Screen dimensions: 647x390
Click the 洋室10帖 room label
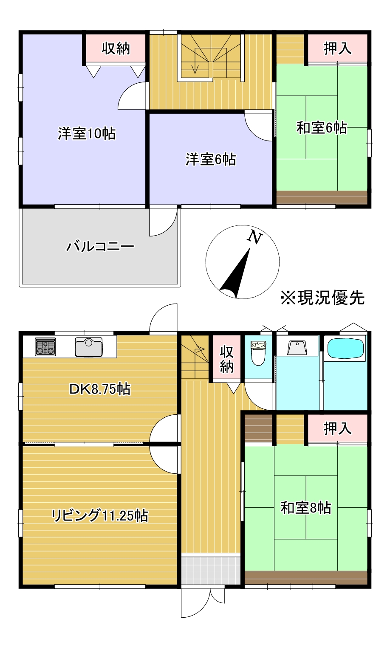pyautogui.click(x=87, y=134)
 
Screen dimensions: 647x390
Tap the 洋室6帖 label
pyautogui.click(x=211, y=160)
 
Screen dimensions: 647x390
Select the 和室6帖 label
pyautogui.click(x=321, y=127)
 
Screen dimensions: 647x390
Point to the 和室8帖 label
pyautogui.click(x=306, y=508)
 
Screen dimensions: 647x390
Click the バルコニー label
pyautogui.click(x=100, y=246)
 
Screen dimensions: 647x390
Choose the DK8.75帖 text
pyautogui.click(x=100, y=389)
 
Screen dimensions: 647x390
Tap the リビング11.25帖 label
pyautogui.click(x=100, y=515)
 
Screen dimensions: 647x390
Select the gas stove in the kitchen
pyautogui.click(x=45, y=346)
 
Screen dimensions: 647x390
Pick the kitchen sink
pyautogui.click(x=89, y=347)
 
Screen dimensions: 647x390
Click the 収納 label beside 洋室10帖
pyautogui.click(x=116, y=48)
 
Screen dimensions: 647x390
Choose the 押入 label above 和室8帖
pyautogui.click(x=338, y=428)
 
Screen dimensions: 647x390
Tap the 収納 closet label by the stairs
pyautogui.click(x=227, y=359)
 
